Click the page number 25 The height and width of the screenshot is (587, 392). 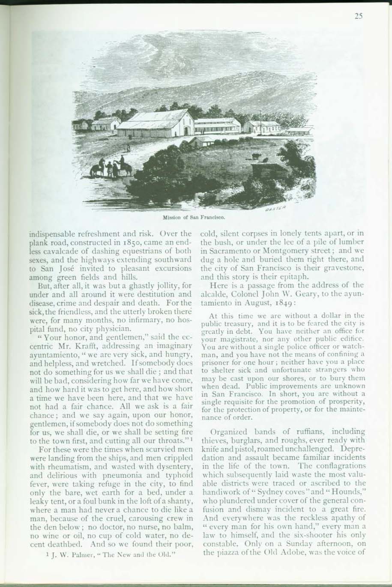[x=359, y=17]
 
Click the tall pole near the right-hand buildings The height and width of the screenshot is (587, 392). [x=260, y=121]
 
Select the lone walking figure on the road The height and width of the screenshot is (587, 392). [x=127, y=148]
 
